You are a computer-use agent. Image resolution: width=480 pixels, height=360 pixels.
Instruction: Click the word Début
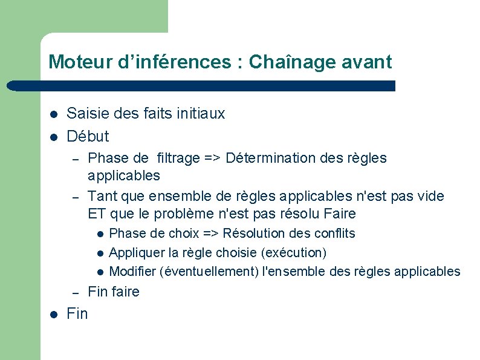click(x=88, y=136)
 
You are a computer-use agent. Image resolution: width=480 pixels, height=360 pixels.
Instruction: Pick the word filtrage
click(x=178, y=159)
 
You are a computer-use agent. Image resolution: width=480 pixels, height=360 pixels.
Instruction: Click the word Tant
click(x=101, y=196)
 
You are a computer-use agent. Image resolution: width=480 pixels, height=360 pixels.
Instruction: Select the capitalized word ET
click(x=97, y=214)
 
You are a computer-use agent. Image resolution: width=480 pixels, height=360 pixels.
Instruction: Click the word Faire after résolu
click(x=340, y=214)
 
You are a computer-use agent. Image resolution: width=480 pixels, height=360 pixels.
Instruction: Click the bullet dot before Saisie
click(x=54, y=114)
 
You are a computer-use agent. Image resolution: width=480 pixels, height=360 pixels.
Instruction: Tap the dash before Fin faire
click(x=76, y=292)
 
